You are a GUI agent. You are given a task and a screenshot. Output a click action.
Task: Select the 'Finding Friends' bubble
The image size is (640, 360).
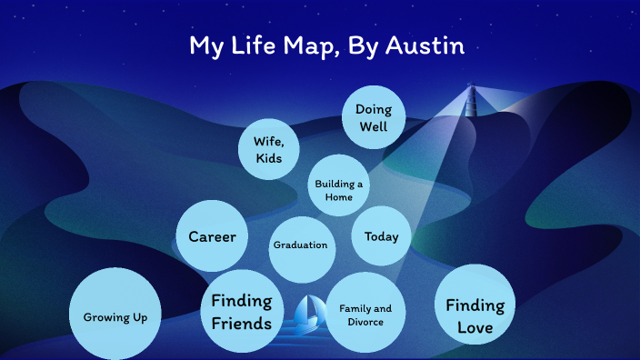[x=242, y=312]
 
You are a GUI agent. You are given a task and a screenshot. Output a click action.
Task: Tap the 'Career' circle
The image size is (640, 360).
[x=212, y=237]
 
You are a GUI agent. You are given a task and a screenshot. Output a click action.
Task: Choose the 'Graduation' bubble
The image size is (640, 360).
[x=300, y=245]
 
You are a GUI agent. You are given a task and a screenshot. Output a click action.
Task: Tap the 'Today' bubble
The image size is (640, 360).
[x=382, y=237]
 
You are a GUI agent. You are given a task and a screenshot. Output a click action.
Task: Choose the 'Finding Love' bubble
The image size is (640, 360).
[x=475, y=315]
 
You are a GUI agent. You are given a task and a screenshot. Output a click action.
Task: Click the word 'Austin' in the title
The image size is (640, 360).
[x=425, y=45]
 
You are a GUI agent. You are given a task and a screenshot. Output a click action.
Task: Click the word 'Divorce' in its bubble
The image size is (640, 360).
[x=365, y=322]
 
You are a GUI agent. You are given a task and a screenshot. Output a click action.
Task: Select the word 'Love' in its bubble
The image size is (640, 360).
[x=475, y=327]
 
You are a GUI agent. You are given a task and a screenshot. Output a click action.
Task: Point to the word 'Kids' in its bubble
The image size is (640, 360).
[x=268, y=158]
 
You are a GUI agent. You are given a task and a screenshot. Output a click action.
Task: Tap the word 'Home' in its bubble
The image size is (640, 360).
[x=339, y=197]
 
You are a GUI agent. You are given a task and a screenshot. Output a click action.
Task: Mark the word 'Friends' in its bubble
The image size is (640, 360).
[x=242, y=324]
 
